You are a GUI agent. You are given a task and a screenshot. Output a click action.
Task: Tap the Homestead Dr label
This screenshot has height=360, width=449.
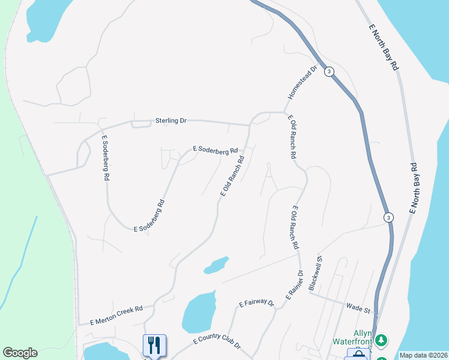301,83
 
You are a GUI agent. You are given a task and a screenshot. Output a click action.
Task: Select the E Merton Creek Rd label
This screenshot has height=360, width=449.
116,314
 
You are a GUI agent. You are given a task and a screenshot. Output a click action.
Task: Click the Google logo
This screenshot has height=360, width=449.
20,353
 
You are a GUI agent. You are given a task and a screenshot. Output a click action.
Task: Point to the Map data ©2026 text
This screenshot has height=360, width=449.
423,355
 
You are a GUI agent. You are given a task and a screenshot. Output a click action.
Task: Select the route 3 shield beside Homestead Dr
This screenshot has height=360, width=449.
329,71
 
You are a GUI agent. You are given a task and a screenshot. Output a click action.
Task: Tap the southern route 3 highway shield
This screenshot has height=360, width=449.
389,217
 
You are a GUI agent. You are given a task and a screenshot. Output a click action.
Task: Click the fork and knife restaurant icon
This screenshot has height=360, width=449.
154,345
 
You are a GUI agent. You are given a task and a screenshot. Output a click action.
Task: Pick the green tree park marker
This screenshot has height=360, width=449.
381,340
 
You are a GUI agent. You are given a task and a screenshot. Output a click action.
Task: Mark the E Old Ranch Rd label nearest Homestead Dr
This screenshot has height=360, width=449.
292,137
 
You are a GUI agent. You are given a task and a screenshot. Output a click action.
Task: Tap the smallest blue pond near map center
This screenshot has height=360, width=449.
216,265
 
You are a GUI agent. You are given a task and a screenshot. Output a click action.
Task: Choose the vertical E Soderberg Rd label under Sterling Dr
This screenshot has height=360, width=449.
105,158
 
